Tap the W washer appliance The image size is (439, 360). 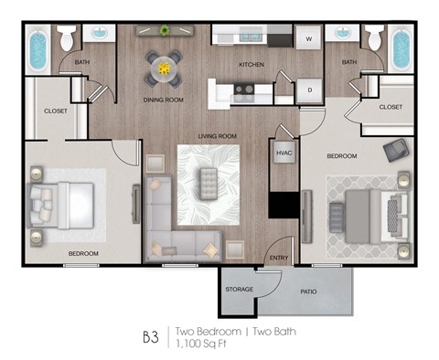coord(308,38)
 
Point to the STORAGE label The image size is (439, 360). coord(240,290)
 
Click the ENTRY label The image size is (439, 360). coord(279,258)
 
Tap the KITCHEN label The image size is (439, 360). coord(252,65)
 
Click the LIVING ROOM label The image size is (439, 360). coord(218,136)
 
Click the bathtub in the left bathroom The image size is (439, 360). coord(37,51)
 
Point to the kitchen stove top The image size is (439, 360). coord(244,90)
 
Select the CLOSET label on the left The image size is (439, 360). coord(43,111)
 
